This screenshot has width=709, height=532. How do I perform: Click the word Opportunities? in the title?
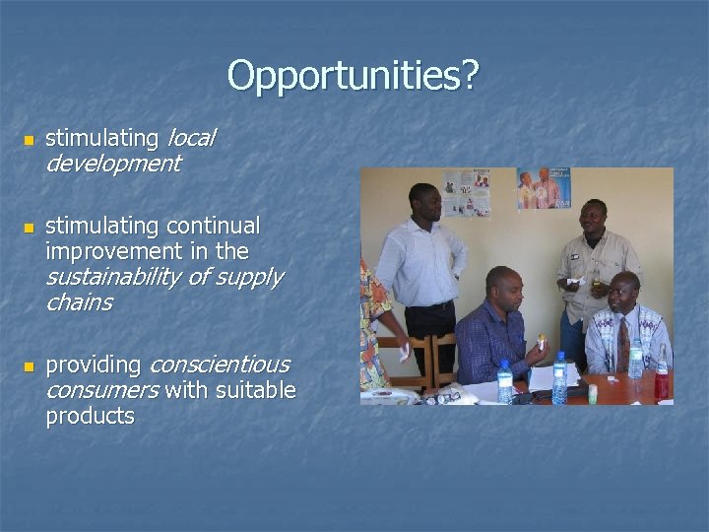(353, 76)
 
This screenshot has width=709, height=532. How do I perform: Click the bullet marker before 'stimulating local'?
(29, 141)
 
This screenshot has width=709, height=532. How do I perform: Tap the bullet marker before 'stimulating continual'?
(29, 229)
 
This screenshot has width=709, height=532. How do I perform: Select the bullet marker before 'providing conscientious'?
(29, 367)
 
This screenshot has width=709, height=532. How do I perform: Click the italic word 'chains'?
(79, 302)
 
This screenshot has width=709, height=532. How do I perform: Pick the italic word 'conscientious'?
(219, 366)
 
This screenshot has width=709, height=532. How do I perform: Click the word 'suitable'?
(254, 391)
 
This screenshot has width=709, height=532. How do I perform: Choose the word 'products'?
(90, 416)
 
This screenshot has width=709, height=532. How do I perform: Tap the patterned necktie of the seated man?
(622, 341)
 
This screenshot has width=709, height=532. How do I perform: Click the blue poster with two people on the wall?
(543, 188)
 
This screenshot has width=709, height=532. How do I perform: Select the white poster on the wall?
(466, 192)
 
